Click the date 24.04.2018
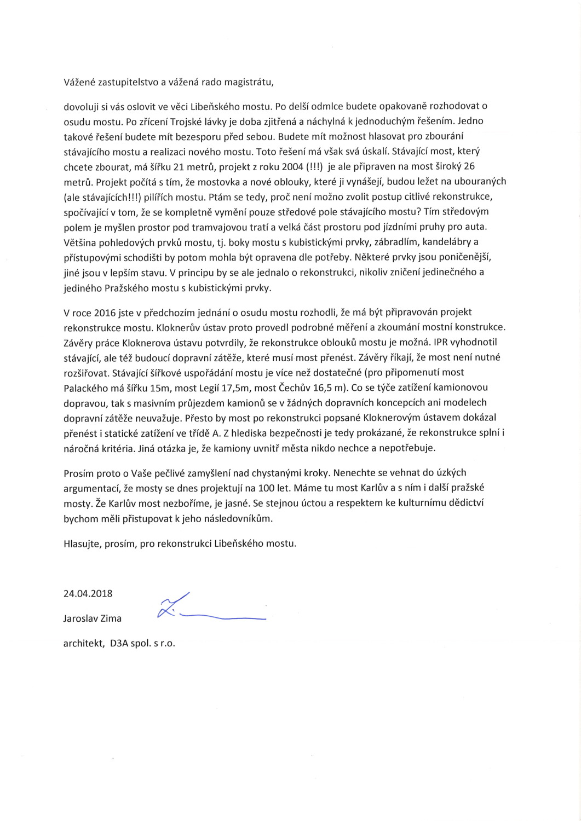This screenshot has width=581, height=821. pos(88,593)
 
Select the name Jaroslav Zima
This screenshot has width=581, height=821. pos(93,618)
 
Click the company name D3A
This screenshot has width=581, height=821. pos(119,644)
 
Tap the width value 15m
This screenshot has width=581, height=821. pos(171,388)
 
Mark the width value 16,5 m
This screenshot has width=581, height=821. pos(333,388)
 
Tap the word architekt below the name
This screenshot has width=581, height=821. pos(83,644)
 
